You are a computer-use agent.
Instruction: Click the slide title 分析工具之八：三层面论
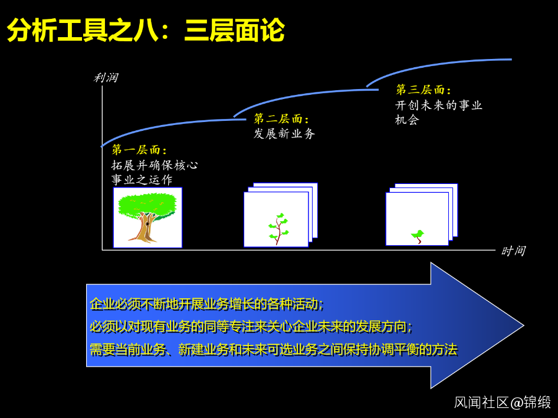point(145,31)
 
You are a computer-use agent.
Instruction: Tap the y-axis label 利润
point(106,78)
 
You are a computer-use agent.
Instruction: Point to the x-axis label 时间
point(513,251)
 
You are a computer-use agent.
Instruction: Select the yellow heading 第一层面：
point(139,150)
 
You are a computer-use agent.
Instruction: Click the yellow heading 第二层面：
point(281,119)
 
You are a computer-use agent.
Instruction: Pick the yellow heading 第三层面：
point(423,90)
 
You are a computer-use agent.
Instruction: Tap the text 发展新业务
point(284,134)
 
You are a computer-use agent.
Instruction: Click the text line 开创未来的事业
point(439,106)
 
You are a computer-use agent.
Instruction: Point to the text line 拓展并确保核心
point(155,165)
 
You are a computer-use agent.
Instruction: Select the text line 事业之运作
point(142,180)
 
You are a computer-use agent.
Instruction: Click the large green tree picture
point(147,217)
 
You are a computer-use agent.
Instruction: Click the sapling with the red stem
point(277,229)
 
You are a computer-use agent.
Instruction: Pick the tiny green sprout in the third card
point(418,236)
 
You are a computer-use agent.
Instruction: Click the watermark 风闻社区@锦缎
point(502,403)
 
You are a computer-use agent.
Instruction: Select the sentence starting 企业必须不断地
point(206,304)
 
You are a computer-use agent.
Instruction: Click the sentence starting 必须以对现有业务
point(251,327)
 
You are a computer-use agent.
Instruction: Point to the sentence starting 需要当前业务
point(273,349)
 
